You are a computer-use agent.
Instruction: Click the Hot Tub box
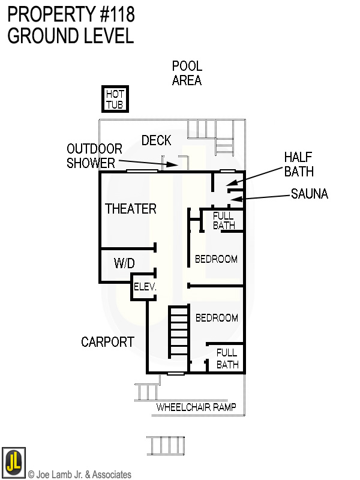tap(115, 100)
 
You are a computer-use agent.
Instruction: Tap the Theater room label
tap(131, 209)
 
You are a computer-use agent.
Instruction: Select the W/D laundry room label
tap(124, 263)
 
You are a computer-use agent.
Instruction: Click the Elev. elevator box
tap(145, 287)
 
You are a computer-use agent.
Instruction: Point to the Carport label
tap(107, 342)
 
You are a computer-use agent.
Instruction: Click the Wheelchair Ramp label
tap(196, 407)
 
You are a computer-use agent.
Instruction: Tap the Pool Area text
tap(187, 73)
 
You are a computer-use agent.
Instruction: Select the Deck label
tap(156, 140)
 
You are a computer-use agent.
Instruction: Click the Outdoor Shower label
tap(94, 155)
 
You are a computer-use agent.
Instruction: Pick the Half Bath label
tap(299, 164)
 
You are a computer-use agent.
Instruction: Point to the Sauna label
tap(310, 194)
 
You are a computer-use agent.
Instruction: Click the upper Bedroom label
tap(216, 259)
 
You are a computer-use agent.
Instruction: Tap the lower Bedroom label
tap(216, 318)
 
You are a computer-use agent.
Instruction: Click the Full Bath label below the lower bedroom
tap(227, 358)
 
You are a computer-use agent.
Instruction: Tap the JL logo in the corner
tap(13, 463)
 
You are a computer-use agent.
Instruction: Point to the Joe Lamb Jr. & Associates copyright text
tap(80, 475)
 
